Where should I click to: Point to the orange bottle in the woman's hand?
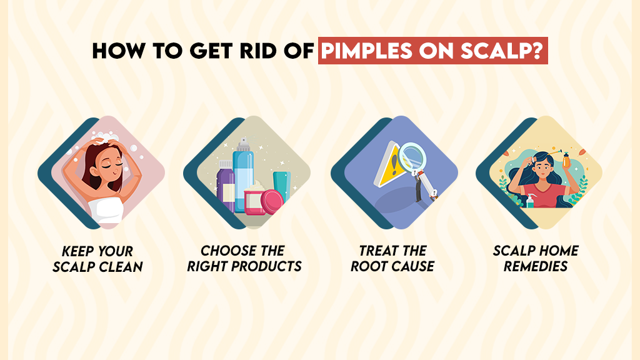pyautogui.click(x=566, y=159)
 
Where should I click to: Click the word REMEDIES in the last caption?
pyautogui.click(x=536, y=266)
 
